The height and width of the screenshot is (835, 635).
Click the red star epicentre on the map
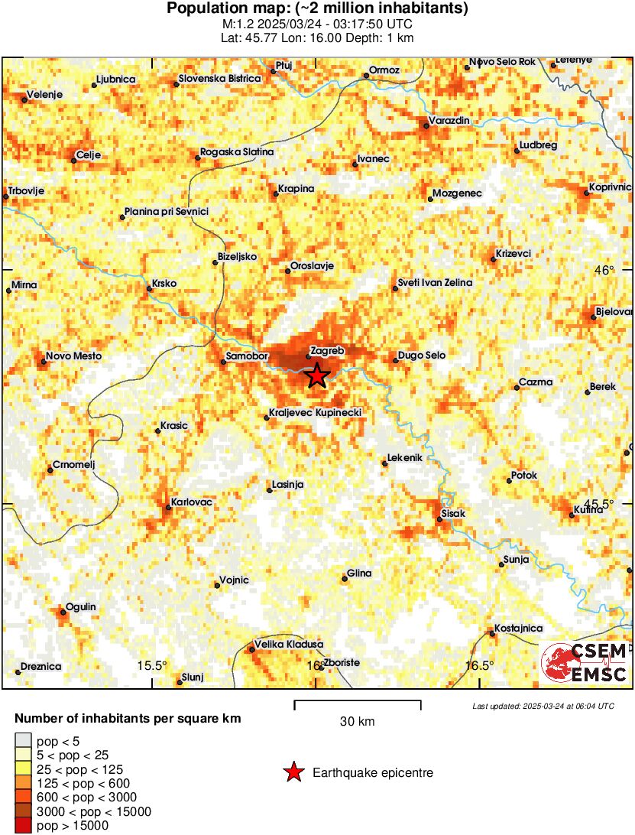[x=317, y=375]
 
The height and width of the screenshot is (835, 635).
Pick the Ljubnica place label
[x=116, y=79]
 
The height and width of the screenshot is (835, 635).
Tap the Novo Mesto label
[x=73, y=356]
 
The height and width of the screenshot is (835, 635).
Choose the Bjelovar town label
[x=615, y=311]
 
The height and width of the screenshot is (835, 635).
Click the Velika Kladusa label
[x=289, y=645]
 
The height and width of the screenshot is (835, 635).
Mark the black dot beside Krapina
[x=276, y=193]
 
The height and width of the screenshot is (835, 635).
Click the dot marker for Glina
[x=344, y=579]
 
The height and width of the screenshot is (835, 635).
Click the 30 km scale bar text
[x=357, y=721]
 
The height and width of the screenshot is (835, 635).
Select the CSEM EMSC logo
[x=585, y=662]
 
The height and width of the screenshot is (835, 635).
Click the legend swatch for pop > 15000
[x=24, y=825]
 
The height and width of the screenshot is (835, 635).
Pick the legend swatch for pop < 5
[x=24, y=739]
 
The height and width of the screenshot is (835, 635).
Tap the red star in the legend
[x=293, y=773]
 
